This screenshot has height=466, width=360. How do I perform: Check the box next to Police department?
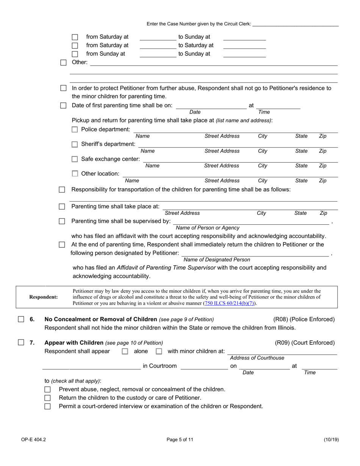tap(75, 130)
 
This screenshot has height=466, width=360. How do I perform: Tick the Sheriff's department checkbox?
tap(75, 144)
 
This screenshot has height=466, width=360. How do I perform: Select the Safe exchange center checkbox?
tap(75, 159)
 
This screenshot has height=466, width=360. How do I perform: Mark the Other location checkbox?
tap(75, 174)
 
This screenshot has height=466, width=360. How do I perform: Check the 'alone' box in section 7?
tap(125, 352)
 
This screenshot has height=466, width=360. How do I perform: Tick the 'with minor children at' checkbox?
tap(159, 352)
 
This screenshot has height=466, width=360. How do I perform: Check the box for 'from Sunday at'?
tap(75, 54)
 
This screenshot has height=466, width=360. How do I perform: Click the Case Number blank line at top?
tap(295, 24)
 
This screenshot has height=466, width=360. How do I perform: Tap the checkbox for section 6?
tap(22, 319)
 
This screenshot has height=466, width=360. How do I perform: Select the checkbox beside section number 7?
tap(22, 343)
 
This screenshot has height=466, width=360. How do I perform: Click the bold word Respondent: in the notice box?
tap(44, 297)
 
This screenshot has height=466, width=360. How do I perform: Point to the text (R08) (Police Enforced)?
tap(304, 319)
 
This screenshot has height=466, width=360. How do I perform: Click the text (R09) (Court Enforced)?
tap(305, 343)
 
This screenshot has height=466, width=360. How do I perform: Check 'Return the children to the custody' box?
tap(47, 398)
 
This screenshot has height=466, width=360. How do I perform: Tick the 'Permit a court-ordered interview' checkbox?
tap(47, 406)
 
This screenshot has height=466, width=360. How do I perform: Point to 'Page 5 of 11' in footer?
tap(180, 440)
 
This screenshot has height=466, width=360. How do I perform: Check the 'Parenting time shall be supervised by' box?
tap(62, 221)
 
